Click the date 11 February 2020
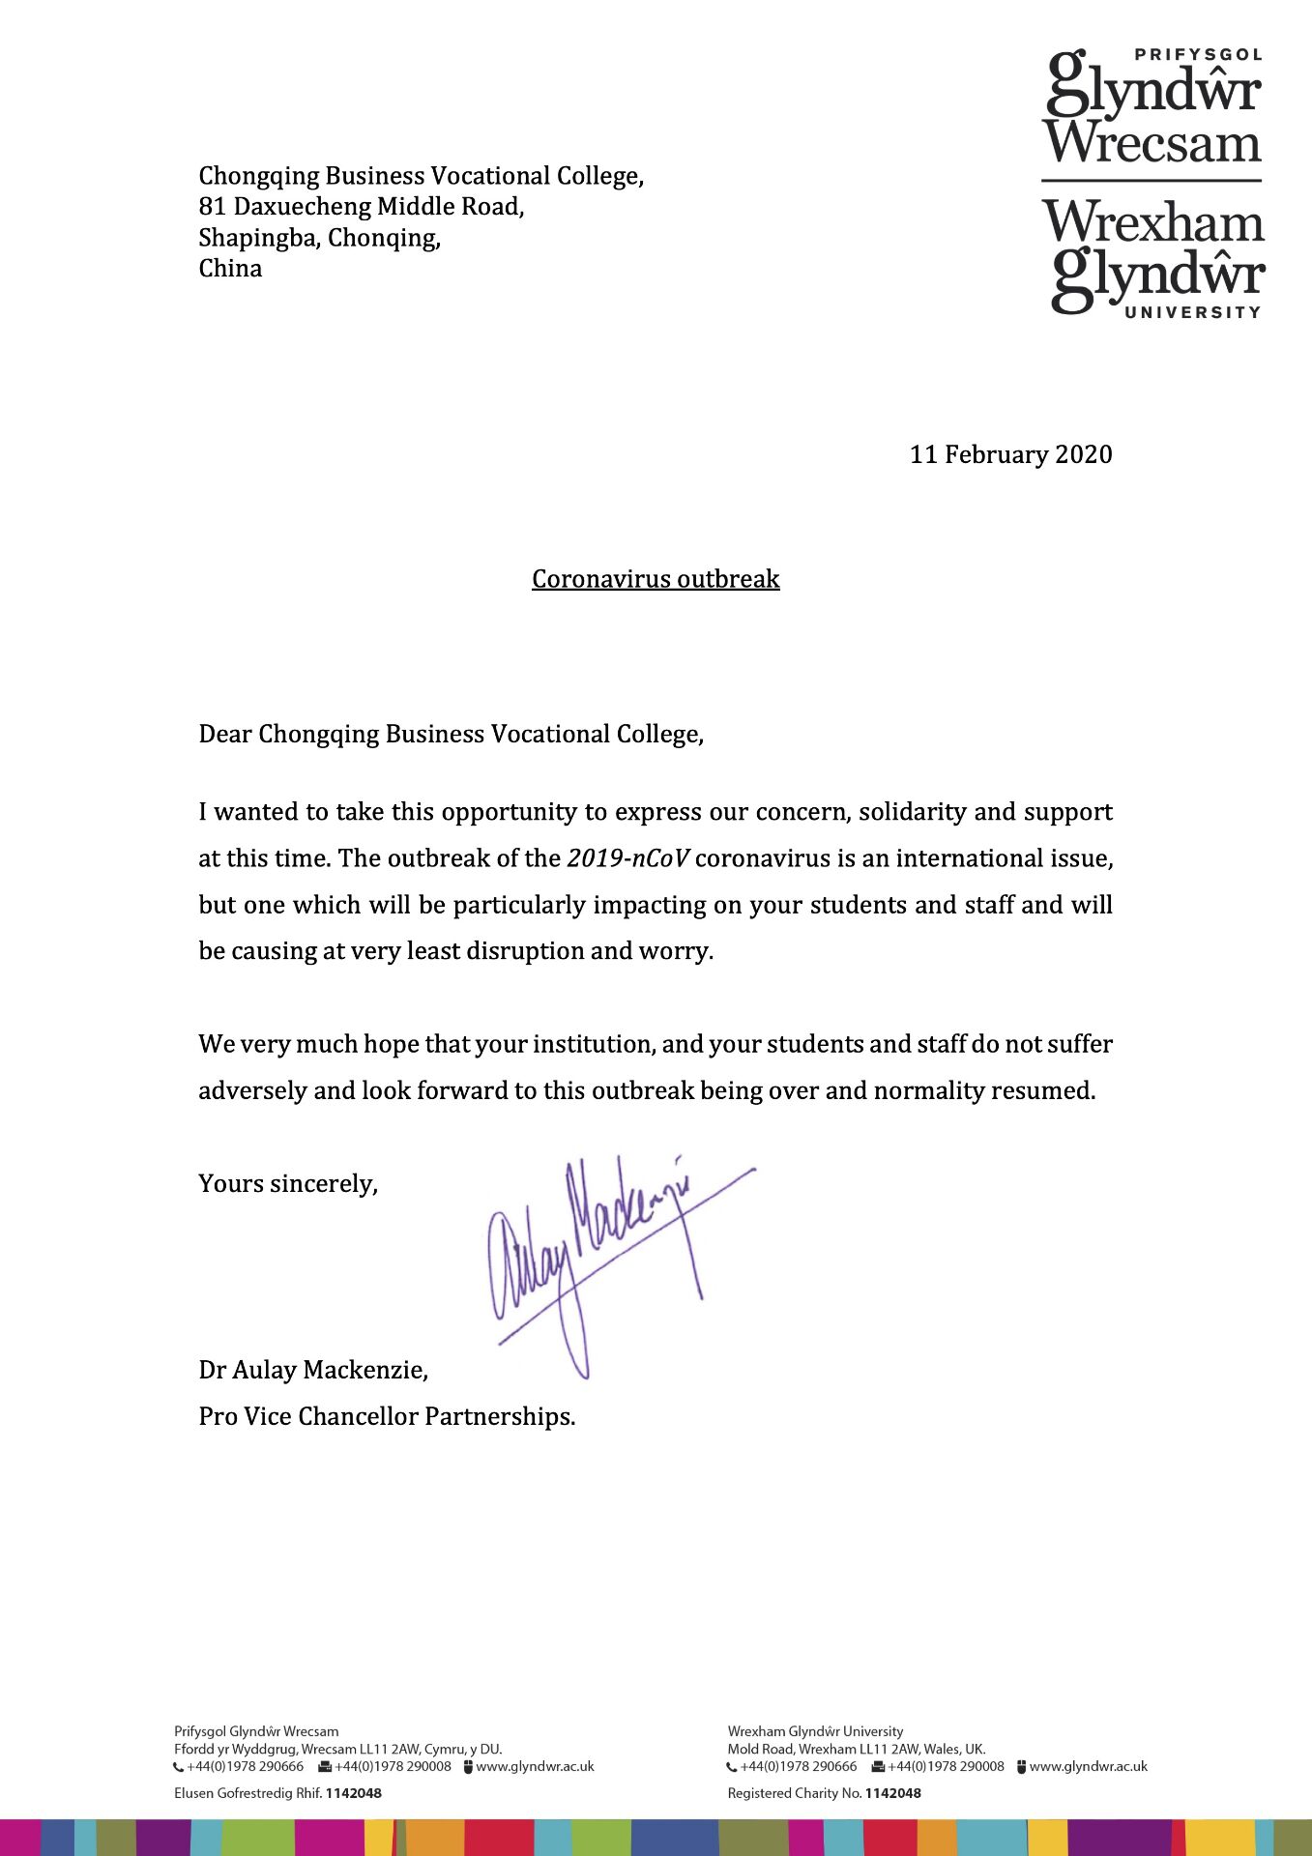[1010, 454]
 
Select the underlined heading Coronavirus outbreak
[656, 579]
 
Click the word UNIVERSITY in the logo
[1193, 312]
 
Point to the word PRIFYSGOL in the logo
[1199, 55]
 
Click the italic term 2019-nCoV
[628, 858]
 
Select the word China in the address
[230, 269]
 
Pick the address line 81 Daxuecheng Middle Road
[361, 207]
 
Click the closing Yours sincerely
[288, 1184]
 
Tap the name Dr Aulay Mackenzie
[313, 1370]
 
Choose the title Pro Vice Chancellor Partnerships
[387, 1416]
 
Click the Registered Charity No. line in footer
[824, 1793]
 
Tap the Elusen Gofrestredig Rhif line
[277, 1793]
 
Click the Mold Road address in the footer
[857, 1749]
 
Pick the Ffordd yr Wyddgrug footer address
[337, 1749]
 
